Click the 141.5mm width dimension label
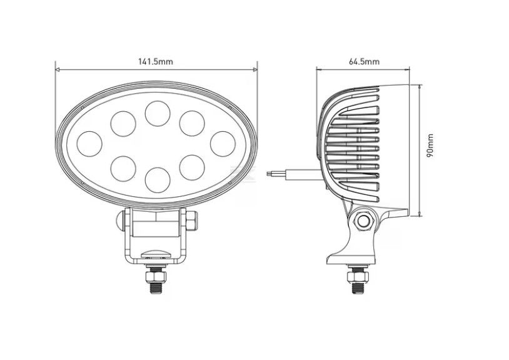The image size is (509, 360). click(x=156, y=61)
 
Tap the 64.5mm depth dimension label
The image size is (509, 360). click(x=364, y=61)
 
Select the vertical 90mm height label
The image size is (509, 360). click(x=430, y=145)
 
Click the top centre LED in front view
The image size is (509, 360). click(x=158, y=114)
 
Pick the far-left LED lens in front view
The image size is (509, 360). click(x=89, y=144)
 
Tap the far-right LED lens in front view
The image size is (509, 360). click(x=223, y=144)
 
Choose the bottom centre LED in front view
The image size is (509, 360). click(x=158, y=180)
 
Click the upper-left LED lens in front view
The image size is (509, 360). click(x=123, y=124)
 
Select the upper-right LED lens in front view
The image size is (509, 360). click(x=192, y=124)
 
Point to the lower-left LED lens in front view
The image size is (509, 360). click(x=123, y=168)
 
